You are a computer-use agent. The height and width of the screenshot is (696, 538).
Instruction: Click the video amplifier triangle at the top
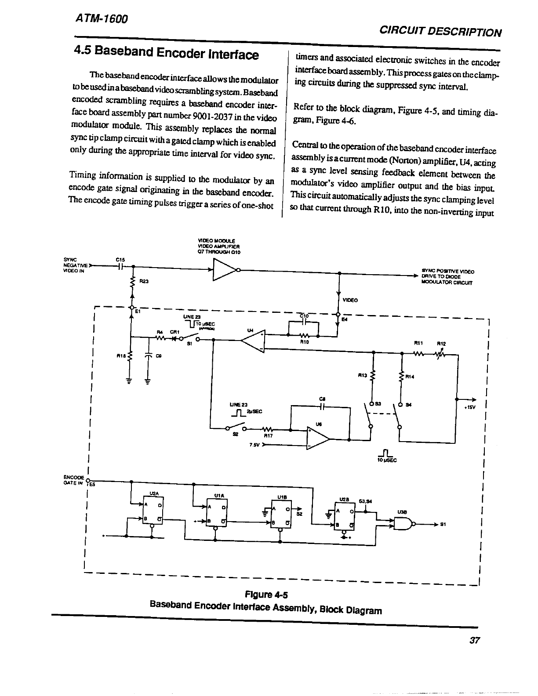point(223,270)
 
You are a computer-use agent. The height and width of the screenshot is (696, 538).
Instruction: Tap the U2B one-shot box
point(345,516)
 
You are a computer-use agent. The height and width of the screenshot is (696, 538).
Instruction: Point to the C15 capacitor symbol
point(122,266)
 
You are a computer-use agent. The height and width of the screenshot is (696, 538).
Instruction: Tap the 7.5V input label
point(254,445)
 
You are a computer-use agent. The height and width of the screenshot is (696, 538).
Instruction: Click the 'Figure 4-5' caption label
point(266,595)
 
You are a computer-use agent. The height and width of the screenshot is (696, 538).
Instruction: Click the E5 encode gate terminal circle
point(88,480)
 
